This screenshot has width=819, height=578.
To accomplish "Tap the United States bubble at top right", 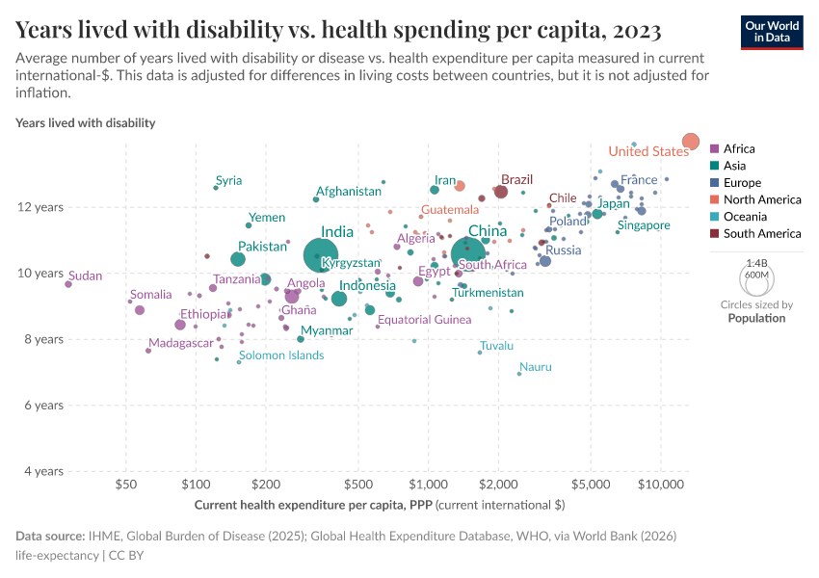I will point(690,142).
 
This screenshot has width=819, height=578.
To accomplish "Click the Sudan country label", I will point(86,276).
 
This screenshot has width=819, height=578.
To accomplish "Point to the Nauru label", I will point(535,367).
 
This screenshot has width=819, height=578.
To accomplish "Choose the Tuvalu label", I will point(496,346).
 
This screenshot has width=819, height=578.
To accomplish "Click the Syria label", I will point(229,180).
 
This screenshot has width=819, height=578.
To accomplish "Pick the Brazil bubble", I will point(501,192).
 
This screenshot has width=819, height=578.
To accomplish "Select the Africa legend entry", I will point(738,148).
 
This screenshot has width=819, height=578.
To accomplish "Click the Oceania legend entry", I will point(743,217).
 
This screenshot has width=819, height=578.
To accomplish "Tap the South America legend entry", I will point(761,233).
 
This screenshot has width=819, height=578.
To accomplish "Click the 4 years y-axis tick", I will point(42,471).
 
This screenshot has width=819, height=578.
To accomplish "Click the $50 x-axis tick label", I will point(124,486).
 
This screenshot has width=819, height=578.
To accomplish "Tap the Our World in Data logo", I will point(771,32).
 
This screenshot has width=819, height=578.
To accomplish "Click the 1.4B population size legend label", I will point(757,262).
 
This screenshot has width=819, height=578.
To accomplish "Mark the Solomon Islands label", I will point(281,355).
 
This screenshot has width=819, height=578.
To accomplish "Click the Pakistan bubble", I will point(238,259).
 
